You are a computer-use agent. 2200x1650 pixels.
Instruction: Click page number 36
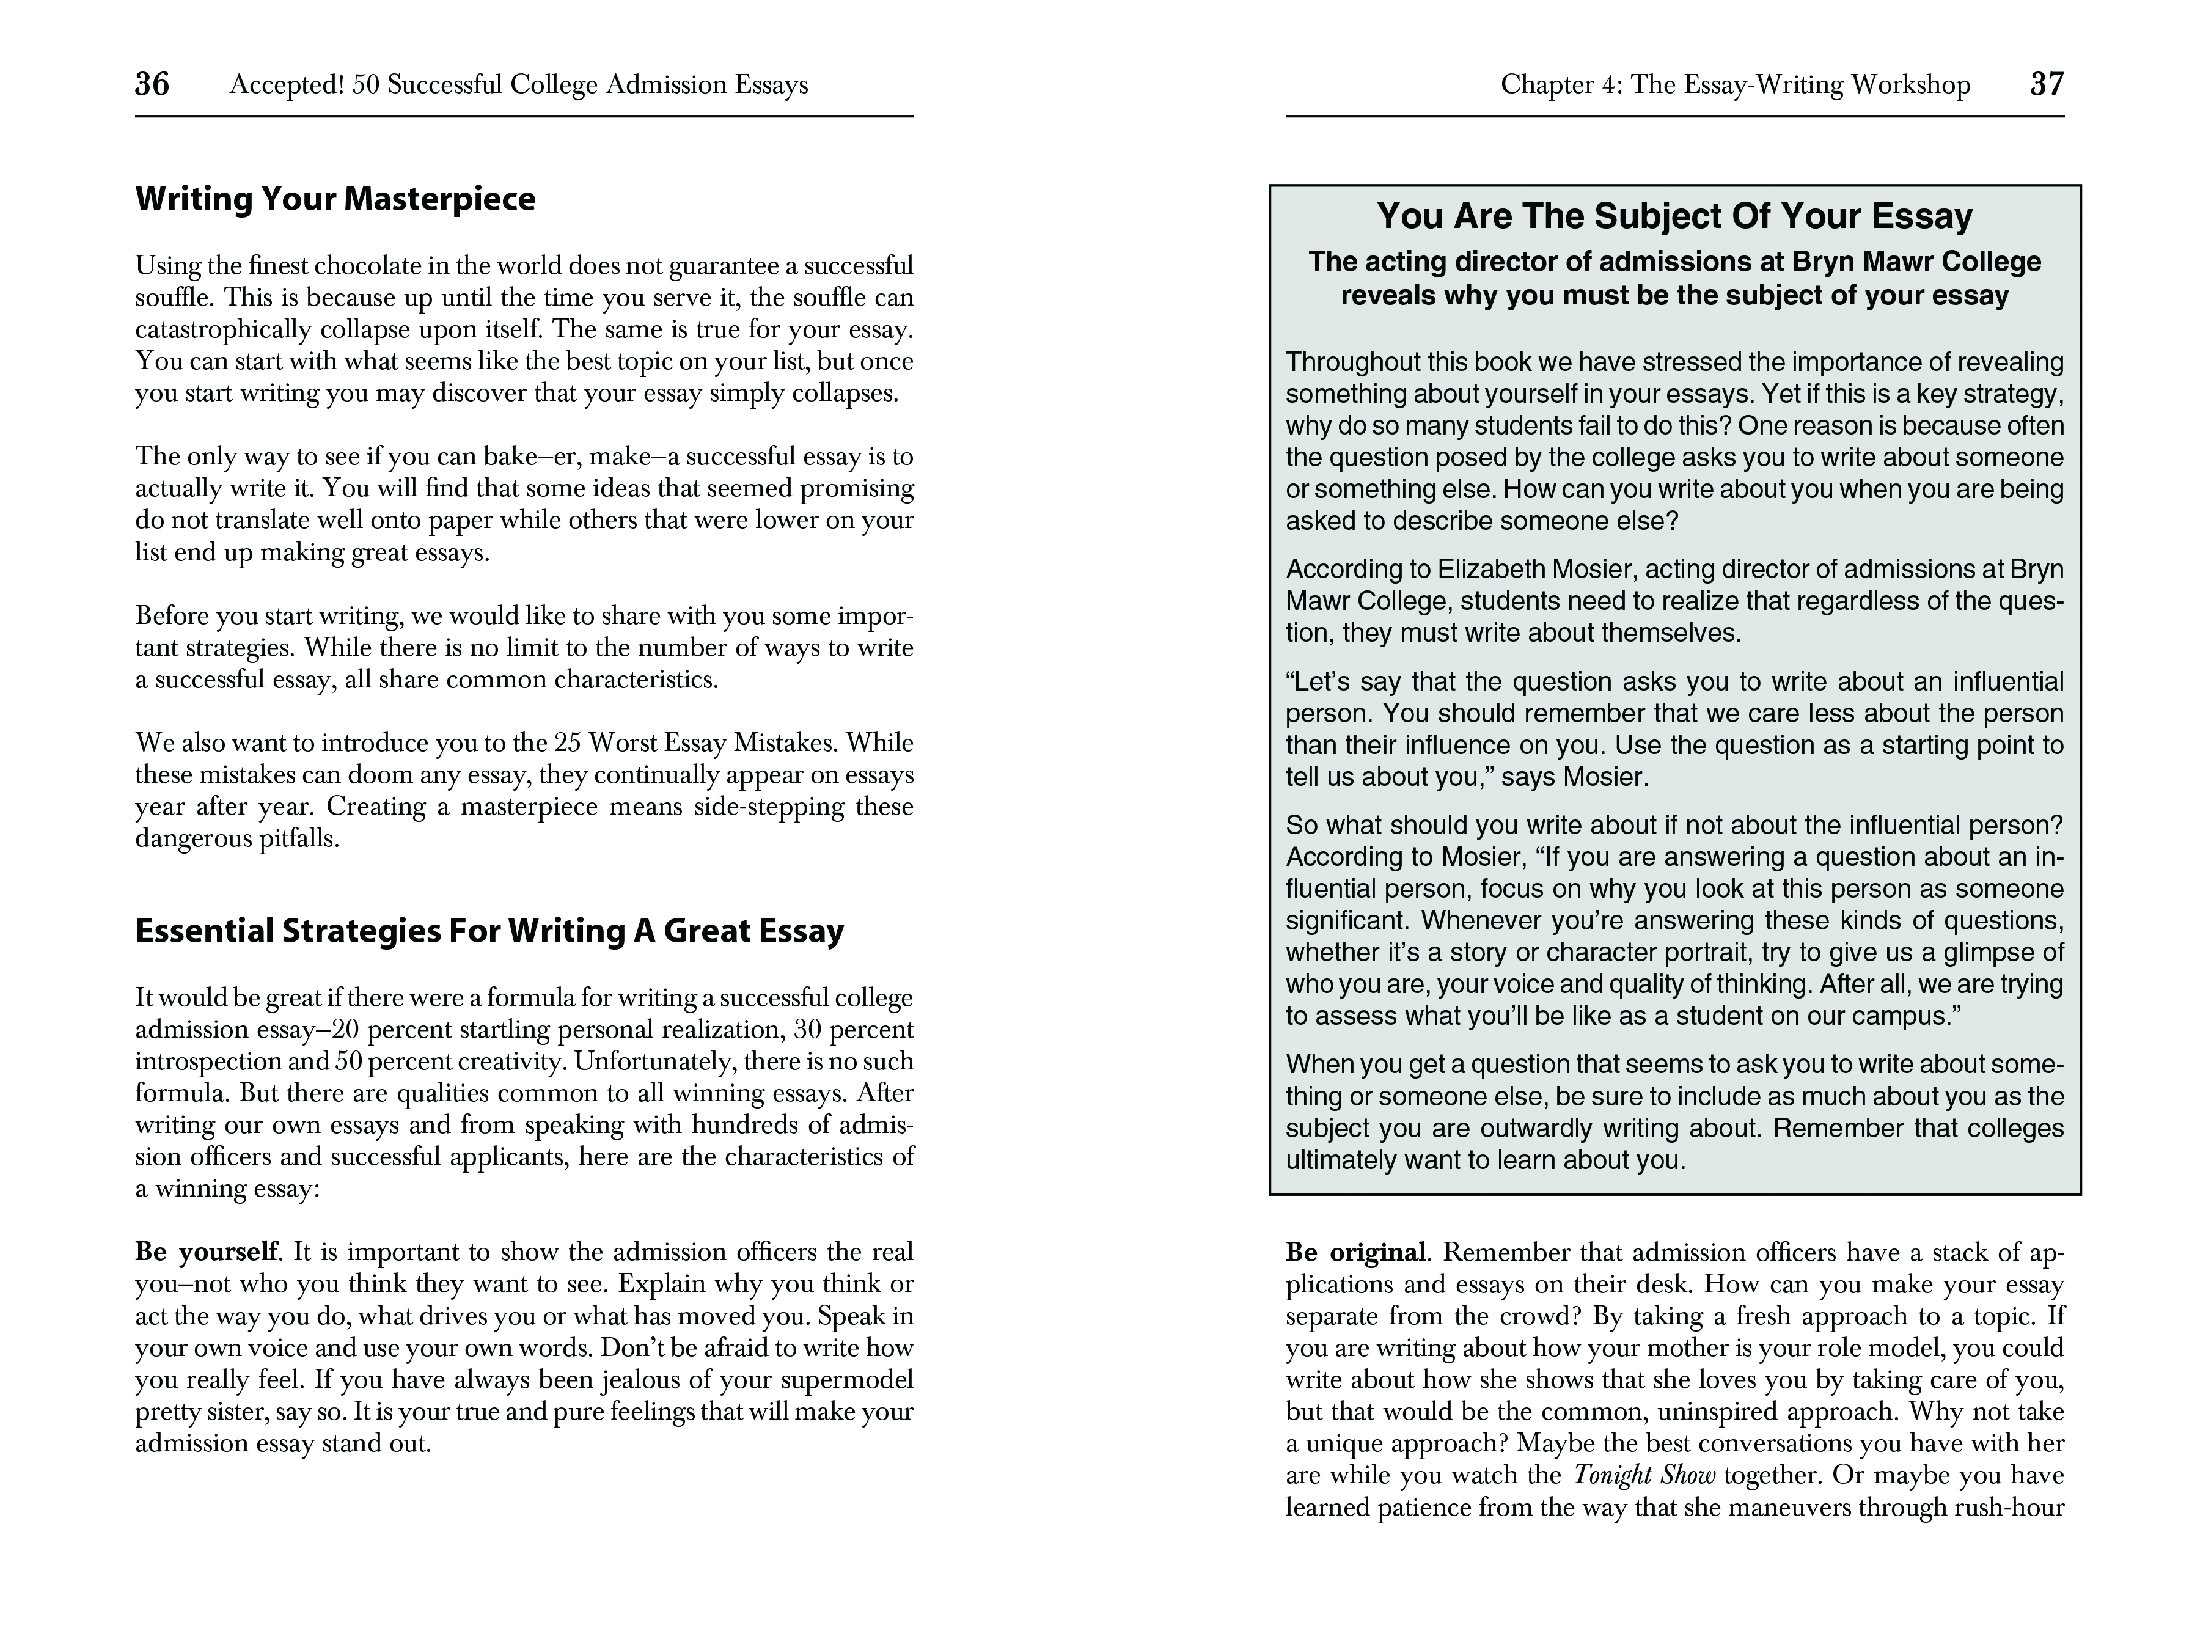point(152,84)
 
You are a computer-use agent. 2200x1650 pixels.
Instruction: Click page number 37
point(2046,84)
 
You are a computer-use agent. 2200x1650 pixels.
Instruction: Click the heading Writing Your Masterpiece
point(335,199)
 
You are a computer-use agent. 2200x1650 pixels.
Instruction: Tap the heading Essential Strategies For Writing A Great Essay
point(490,931)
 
